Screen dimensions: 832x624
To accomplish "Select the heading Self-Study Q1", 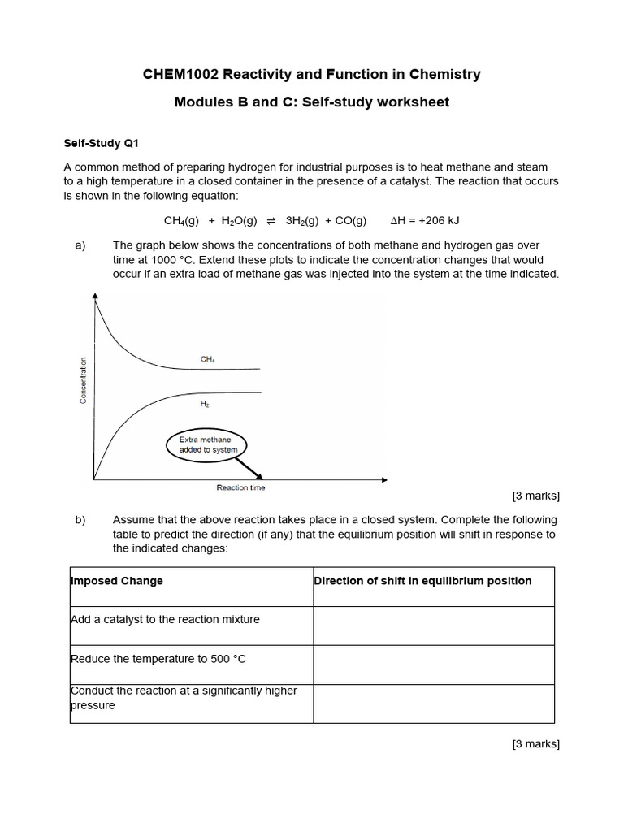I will (x=102, y=144).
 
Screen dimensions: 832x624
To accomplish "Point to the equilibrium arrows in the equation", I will (x=271, y=221).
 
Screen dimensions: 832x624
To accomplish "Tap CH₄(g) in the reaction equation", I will (x=180, y=221).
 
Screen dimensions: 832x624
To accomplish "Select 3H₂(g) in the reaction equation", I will (x=301, y=221).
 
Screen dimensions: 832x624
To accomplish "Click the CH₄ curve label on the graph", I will (x=207, y=358).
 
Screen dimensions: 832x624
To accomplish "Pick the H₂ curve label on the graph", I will (x=205, y=403).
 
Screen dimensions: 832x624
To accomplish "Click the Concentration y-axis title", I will (x=83, y=380).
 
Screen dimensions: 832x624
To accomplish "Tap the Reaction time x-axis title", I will (x=240, y=487).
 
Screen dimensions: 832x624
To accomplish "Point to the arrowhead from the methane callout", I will (x=261, y=477).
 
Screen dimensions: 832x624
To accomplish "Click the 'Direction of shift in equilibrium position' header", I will (x=422, y=581).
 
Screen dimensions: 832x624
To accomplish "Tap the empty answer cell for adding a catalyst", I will (x=434, y=626).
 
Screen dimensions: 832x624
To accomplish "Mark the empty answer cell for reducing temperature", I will (x=434, y=665).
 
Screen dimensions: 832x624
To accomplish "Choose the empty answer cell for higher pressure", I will (x=434, y=704).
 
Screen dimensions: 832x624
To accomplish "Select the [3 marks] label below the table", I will (x=535, y=743).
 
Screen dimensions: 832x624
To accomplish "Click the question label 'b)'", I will (x=80, y=520).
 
